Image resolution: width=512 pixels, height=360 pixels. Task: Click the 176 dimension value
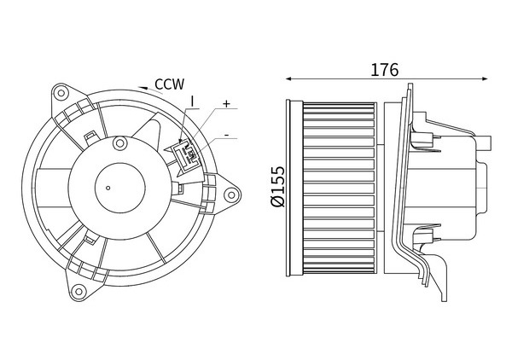click(x=384, y=69)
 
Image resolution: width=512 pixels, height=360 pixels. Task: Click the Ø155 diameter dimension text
click(x=278, y=186)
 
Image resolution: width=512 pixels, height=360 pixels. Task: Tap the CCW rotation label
click(x=169, y=84)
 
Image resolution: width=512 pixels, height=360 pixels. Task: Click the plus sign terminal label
click(x=226, y=104)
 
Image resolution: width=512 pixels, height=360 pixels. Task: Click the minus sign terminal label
click(x=226, y=135)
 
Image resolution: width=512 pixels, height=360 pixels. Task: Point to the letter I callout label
click(x=192, y=102)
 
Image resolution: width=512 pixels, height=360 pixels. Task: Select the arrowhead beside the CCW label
click(x=142, y=88)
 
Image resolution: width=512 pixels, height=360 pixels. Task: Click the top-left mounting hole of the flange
click(x=61, y=93)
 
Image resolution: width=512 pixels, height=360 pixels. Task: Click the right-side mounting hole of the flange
click(x=231, y=195)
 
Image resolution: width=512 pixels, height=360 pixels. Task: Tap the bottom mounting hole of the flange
click(x=78, y=291)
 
